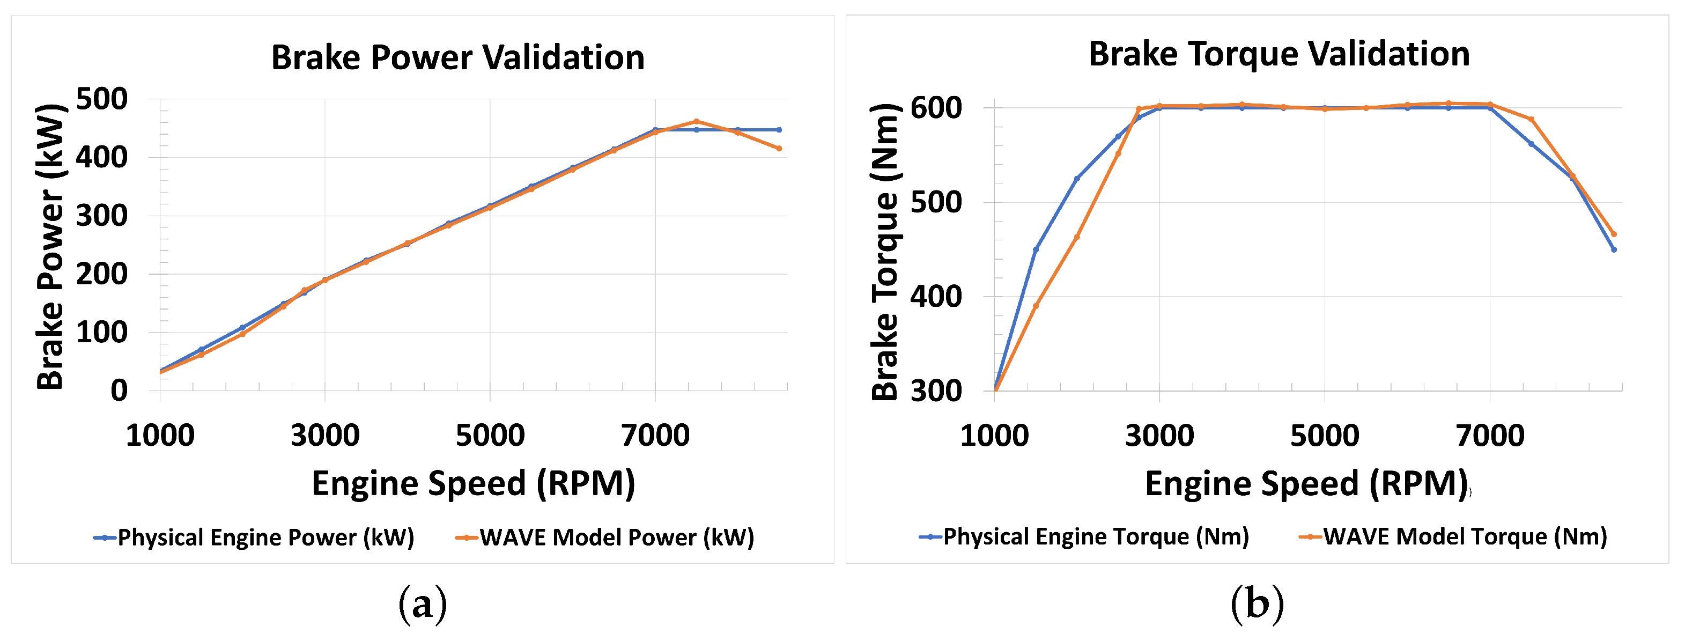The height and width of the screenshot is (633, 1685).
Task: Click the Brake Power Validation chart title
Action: pos(458,57)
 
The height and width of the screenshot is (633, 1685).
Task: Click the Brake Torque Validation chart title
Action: pos(1279,54)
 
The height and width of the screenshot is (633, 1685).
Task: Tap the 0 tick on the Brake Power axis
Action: pos(119,391)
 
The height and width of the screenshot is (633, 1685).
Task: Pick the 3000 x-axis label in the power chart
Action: pos(325,435)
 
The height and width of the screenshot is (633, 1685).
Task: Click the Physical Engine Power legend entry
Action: pos(255,538)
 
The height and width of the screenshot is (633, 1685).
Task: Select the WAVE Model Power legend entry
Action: pos(605,538)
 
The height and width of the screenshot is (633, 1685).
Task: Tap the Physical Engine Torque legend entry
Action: pos(1084,537)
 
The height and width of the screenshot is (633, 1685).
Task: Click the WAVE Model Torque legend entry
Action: pos(1453,537)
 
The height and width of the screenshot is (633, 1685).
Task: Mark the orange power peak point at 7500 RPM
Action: pos(697,122)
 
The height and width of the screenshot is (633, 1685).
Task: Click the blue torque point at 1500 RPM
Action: pos(1036,249)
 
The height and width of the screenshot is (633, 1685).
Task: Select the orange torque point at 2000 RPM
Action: pos(1077,237)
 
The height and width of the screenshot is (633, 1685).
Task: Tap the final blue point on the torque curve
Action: pos(1614,249)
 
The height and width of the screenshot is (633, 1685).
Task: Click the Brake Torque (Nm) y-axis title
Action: pos(886,252)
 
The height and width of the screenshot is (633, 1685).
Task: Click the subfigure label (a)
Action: pos(423,603)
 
